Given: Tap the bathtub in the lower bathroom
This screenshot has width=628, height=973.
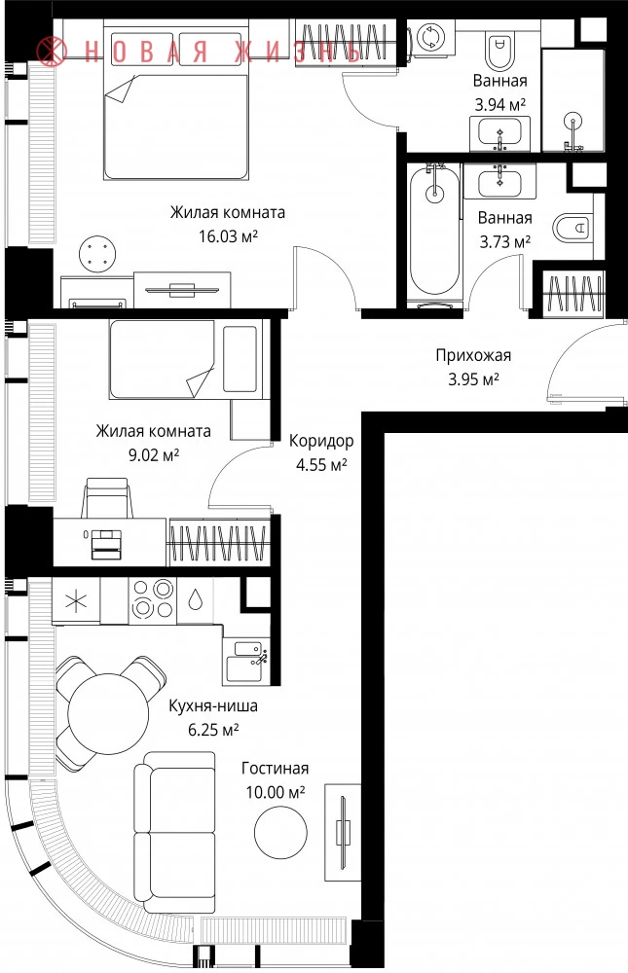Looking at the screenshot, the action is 435,231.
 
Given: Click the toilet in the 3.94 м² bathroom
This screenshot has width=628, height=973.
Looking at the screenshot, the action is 500,52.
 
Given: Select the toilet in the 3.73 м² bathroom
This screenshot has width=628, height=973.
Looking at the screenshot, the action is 570,229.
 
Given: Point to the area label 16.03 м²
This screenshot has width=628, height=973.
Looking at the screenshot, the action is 228,236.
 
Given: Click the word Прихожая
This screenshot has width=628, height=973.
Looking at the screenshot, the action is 473,355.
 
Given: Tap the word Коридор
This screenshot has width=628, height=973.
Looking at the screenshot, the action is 321,441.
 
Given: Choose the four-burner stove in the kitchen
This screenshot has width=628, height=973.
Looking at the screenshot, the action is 153,598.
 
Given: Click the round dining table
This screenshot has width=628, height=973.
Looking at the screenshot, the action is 108,713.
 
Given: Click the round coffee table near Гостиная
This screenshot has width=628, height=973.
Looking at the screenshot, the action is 280,833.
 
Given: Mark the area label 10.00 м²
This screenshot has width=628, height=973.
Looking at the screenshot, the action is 276,792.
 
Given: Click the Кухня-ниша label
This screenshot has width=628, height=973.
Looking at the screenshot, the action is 213,706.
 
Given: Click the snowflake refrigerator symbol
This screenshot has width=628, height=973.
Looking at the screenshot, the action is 76,600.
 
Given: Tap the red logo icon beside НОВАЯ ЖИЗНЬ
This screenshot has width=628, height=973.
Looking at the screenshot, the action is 52,50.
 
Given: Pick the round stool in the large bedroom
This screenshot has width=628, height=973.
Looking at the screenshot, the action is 97,253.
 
